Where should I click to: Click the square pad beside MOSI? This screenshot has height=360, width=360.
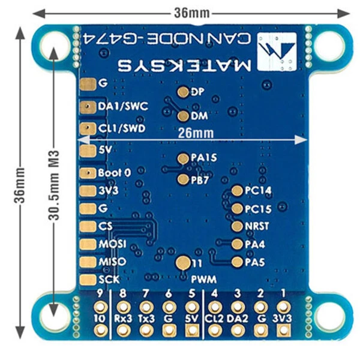(88, 244)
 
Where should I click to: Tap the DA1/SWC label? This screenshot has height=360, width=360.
(122, 106)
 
